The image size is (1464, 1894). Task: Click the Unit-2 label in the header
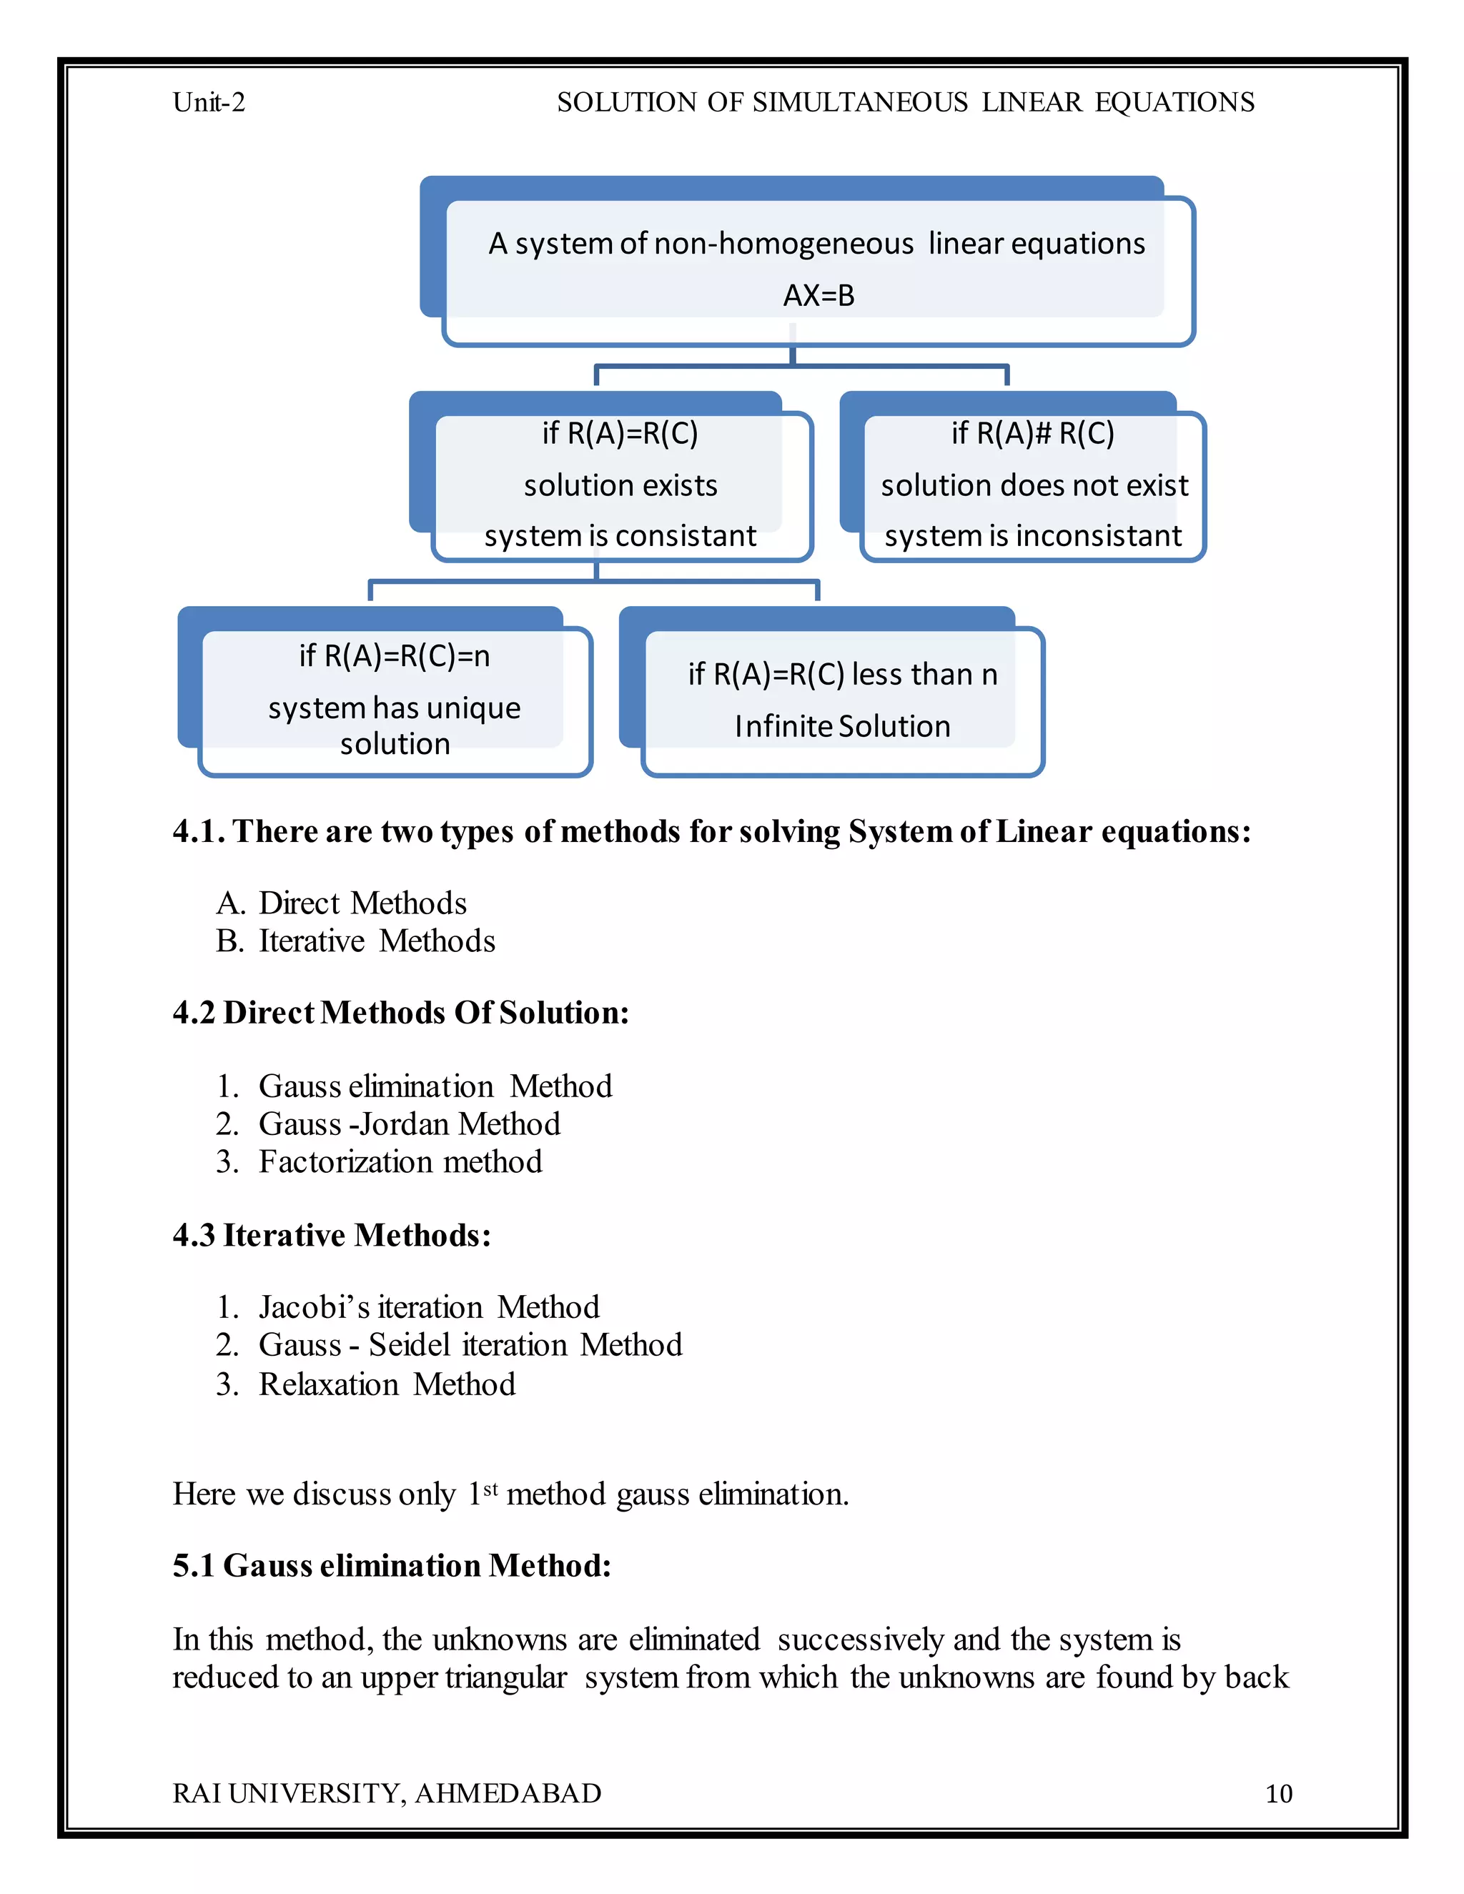click(x=208, y=102)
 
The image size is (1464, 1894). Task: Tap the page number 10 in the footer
click(x=1278, y=1793)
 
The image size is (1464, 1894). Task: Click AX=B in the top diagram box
click(x=818, y=296)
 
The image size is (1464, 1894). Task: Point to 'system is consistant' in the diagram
click(x=620, y=536)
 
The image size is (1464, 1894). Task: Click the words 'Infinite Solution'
click(x=842, y=726)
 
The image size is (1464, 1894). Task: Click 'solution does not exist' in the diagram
click(x=1034, y=485)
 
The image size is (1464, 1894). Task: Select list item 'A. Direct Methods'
click(x=342, y=903)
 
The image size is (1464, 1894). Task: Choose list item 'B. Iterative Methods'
click(x=355, y=941)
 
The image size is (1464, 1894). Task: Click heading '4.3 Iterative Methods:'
click(x=331, y=1235)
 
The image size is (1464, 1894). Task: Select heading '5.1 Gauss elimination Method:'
click(x=392, y=1565)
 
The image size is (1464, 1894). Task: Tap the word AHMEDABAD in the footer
click(x=508, y=1793)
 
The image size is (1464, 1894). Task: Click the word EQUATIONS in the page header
click(x=1174, y=102)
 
